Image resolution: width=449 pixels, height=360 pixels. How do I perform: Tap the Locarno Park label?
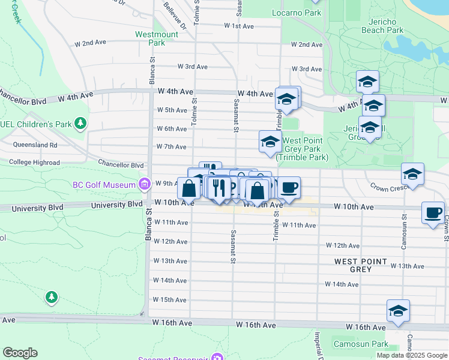tap(296, 13)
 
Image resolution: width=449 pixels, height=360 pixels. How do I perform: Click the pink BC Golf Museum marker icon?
tap(144, 184)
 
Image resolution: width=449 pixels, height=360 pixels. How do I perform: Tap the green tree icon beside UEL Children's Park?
tap(79, 124)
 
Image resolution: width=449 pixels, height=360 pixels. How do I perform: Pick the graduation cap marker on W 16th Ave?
tap(398, 311)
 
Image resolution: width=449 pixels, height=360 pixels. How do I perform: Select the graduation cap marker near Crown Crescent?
tap(412, 174)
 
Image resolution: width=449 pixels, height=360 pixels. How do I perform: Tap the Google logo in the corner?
tap(20, 353)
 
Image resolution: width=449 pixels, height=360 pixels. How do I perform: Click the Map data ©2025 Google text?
tap(412, 355)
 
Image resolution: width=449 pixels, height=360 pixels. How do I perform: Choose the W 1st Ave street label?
tap(240, 26)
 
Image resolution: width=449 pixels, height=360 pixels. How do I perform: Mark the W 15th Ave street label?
tap(170, 299)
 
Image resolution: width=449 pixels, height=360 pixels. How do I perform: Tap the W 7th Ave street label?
tap(172, 146)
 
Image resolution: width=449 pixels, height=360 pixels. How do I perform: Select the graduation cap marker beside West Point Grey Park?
tap(270, 142)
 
